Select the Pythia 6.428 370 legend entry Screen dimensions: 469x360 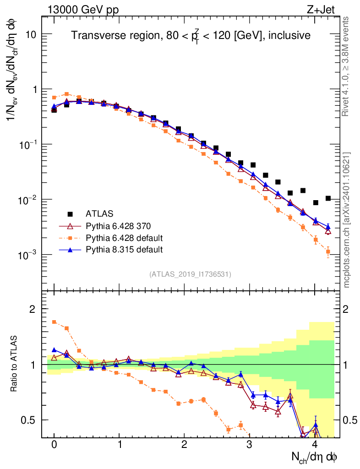tap(119, 226)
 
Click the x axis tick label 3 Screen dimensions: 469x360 tap(249, 445)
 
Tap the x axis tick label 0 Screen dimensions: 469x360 tap(54, 445)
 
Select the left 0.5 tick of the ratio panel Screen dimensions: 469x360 tap(28, 420)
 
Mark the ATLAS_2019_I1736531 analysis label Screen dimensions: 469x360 tap(190, 274)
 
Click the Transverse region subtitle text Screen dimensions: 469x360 tap(191, 35)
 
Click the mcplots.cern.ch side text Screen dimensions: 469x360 tap(347, 220)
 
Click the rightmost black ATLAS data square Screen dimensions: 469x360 tap(328, 198)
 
